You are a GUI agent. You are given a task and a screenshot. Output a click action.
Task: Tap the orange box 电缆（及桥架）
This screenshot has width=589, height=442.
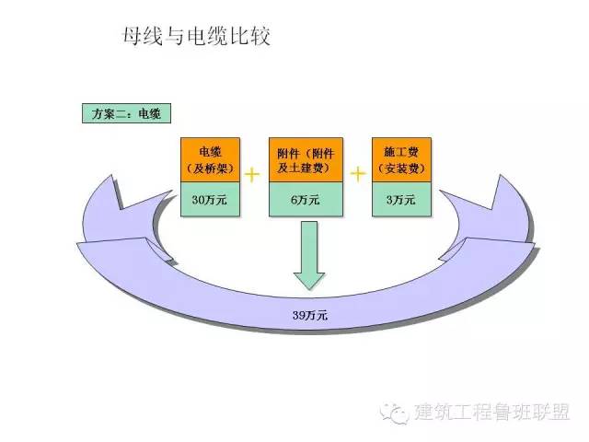(212, 160)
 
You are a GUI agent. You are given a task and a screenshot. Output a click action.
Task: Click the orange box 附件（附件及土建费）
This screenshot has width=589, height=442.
(307, 160)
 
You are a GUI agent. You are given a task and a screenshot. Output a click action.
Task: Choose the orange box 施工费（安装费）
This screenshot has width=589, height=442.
(403, 160)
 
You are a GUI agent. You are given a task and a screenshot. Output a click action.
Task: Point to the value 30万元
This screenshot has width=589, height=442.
(212, 199)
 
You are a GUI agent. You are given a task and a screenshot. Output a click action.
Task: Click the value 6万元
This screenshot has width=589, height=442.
(307, 199)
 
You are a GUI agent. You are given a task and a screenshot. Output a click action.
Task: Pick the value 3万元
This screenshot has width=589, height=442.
(403, 199)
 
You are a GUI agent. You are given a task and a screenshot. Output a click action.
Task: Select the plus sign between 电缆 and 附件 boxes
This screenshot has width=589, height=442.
(253, 171)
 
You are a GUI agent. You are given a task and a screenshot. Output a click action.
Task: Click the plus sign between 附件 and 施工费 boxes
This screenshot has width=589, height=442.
(358, 171)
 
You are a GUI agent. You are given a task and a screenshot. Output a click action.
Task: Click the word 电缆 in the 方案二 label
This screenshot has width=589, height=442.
(149, 114)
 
